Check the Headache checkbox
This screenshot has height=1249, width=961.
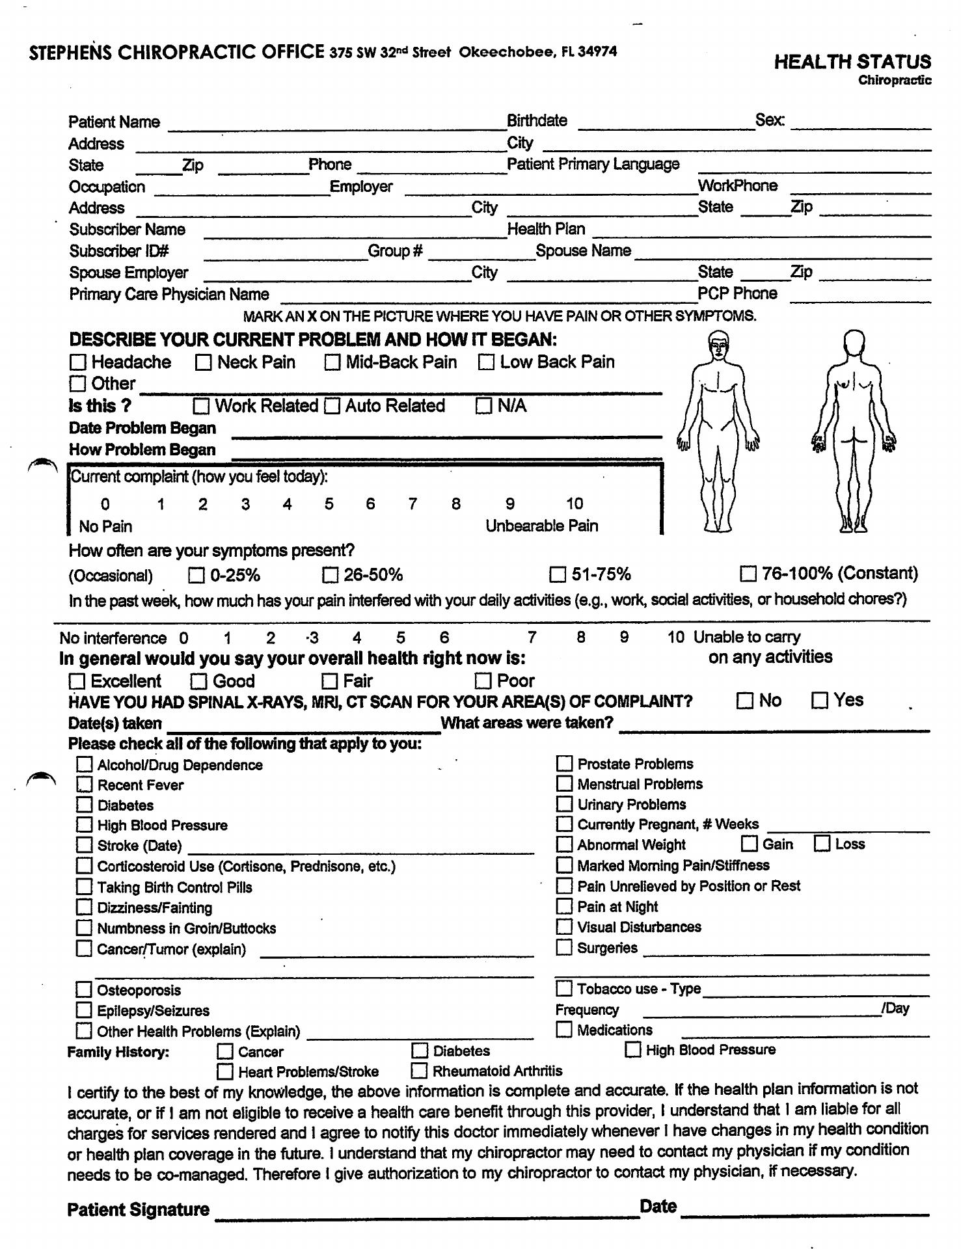coord(78,362)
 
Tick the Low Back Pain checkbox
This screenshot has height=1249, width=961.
coord(486,362)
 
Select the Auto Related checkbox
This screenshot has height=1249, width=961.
coord(332,407)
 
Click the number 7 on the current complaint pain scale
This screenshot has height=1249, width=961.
coord(413,504)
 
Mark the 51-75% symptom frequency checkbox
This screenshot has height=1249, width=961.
coord(558,574)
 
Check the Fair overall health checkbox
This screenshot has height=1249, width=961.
coord(331,681)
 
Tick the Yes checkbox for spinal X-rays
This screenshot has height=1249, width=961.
coord(820,701)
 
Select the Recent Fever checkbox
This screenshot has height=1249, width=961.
coord(85,785)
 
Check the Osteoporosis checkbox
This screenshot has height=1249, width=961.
coord(84,990)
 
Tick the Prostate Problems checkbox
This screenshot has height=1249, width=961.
coord(564,764)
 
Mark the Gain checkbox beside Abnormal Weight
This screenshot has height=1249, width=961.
coord(750,844)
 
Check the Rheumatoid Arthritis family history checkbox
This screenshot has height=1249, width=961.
coord(420,1071)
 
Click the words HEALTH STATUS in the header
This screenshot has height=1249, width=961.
coord(852,62)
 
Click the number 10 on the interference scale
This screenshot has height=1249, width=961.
coord(675,638)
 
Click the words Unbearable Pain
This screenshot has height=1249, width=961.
coord(541,526)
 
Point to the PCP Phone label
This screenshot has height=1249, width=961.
coord(737,293)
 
